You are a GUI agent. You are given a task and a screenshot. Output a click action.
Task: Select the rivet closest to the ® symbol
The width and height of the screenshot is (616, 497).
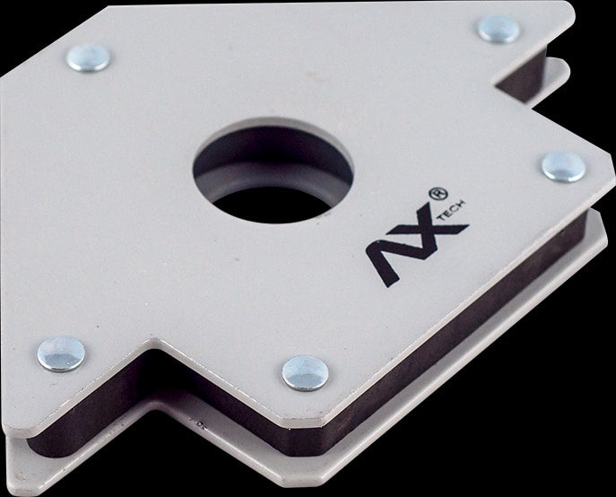563,167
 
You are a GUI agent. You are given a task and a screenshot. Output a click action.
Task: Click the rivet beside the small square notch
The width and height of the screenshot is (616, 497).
499,29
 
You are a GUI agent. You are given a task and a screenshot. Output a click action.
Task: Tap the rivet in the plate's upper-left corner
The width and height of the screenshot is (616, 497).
89,57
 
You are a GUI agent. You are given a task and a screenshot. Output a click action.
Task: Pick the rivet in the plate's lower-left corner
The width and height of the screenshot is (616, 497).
61,353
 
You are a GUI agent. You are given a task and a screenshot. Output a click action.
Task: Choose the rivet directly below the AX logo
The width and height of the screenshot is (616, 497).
306,373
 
